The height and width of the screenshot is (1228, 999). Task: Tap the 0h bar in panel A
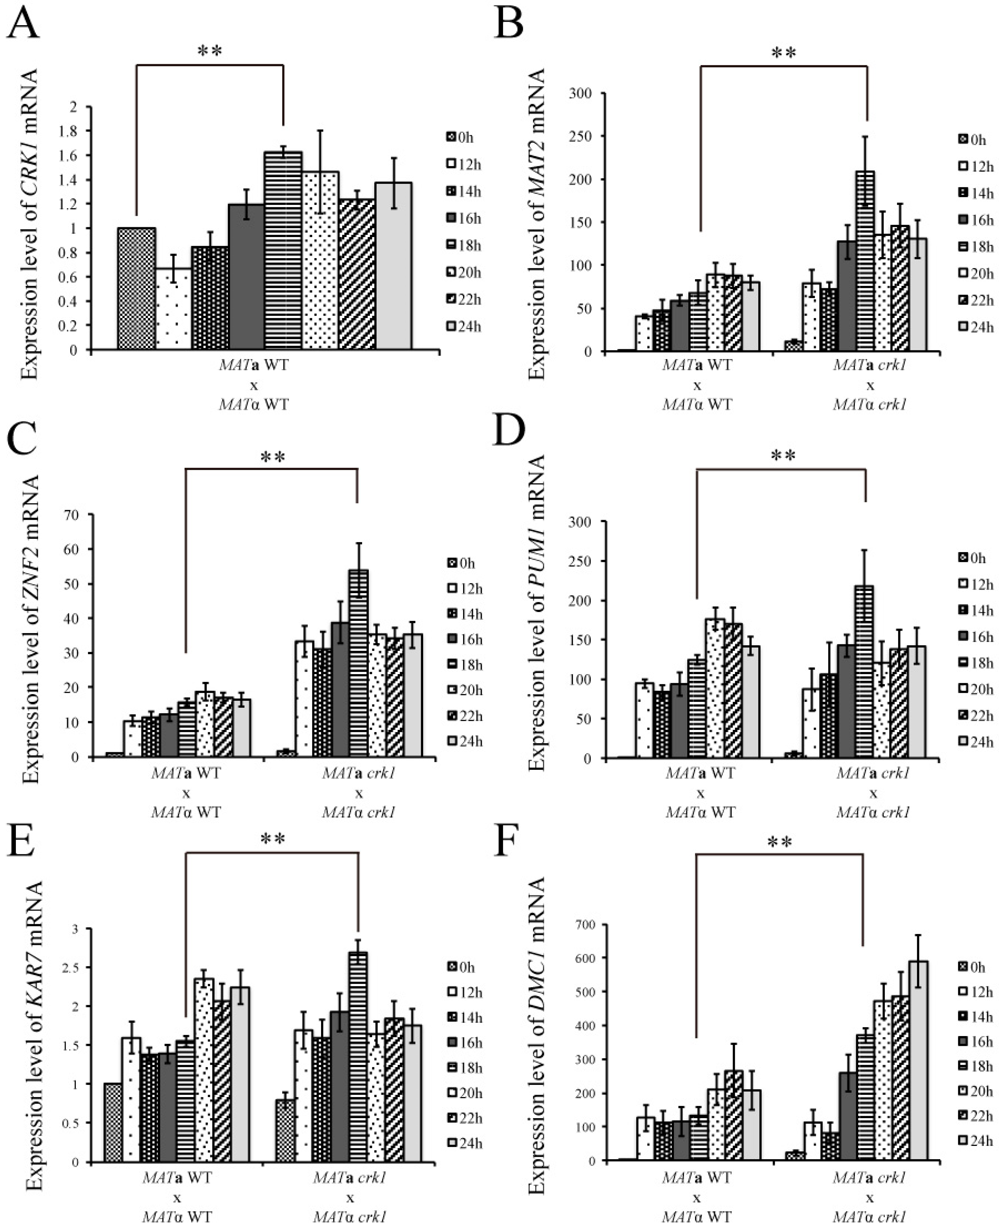click(137, 289)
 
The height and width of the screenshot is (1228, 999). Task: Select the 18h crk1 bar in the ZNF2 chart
click(359, 663)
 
